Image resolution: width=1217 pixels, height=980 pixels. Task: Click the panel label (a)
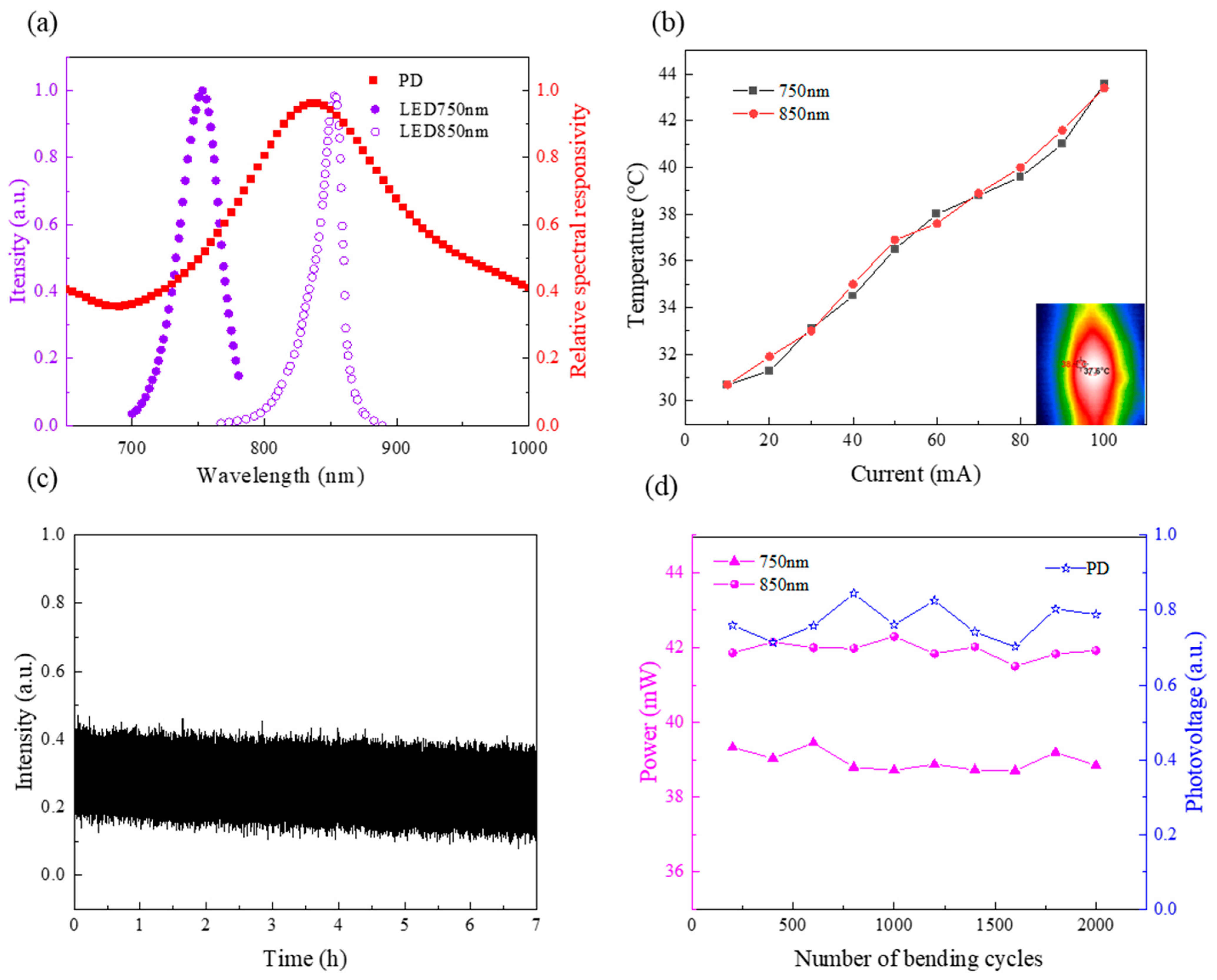point(42,24)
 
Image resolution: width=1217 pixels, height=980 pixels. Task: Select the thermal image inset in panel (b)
point(1090,364)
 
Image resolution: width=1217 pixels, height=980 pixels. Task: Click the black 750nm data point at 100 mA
point(1104,84)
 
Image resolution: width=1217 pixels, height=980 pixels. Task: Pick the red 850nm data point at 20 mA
point(769,356)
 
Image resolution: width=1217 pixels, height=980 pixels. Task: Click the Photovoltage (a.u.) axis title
point(1194,723)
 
